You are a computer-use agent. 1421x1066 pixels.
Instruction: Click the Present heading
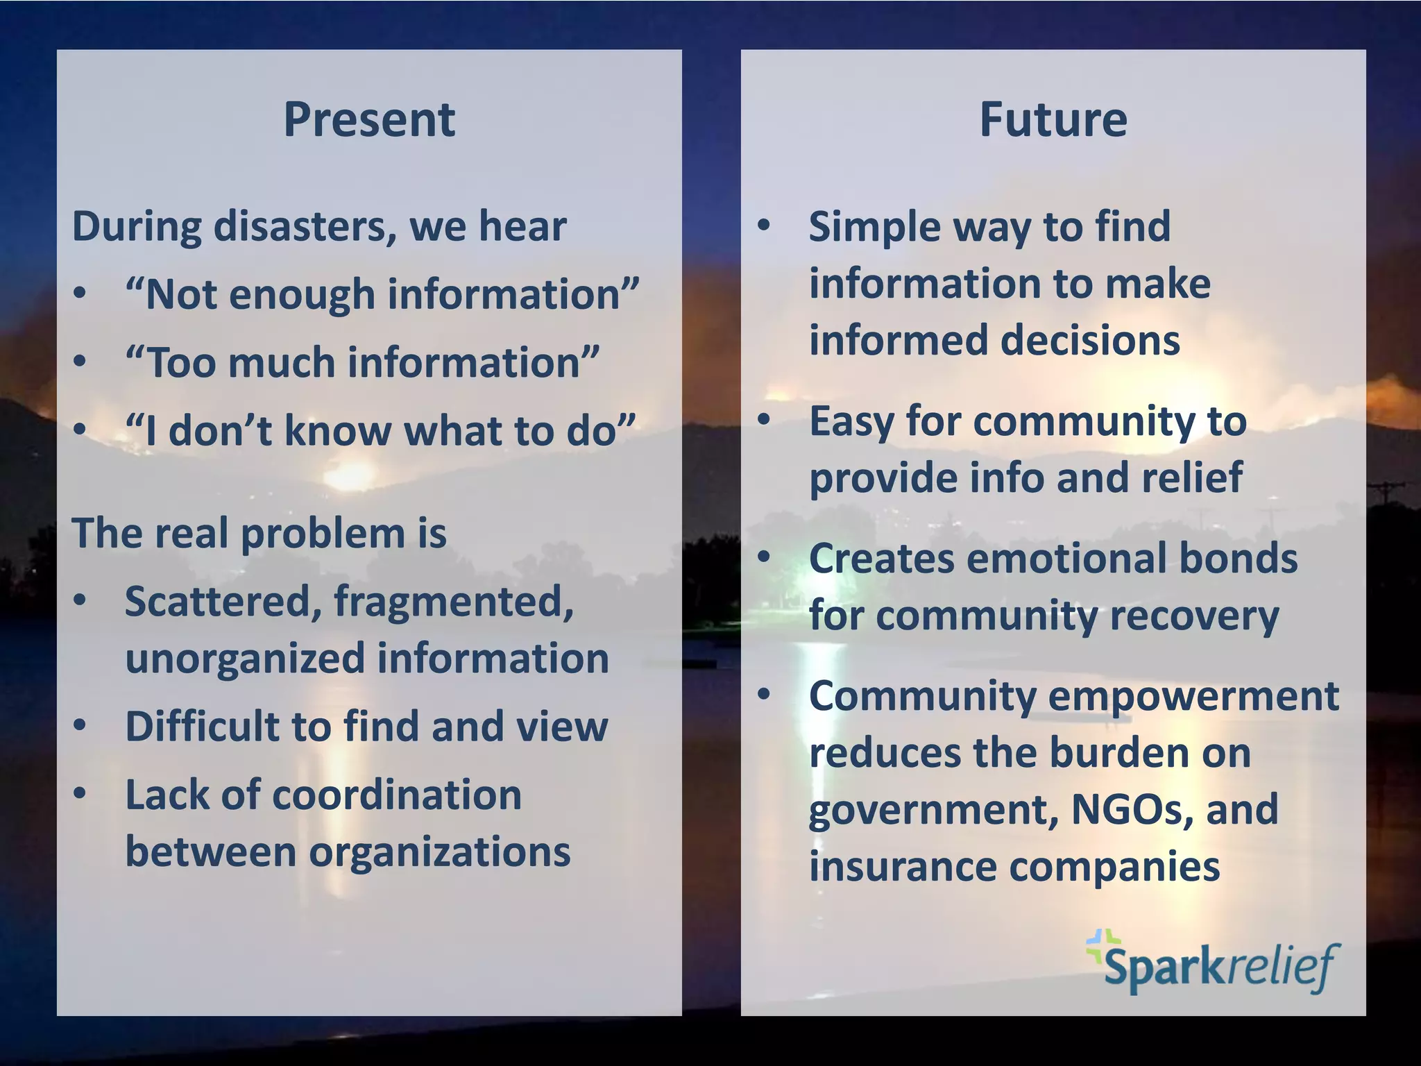[369, 120]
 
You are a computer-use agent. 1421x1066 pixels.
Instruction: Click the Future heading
[1053, 120]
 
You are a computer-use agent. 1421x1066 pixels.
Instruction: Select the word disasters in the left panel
[305, 227]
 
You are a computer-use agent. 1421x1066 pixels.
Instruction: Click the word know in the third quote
[339, 431]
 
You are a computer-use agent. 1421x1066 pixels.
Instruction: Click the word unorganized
[244, 659]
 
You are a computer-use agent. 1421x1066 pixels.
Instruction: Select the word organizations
[439, 852]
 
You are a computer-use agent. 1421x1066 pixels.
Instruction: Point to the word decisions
[1089, 341]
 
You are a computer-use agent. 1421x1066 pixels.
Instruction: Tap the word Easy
[851, 421]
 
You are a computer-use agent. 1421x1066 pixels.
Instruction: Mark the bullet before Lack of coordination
[80, 793]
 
